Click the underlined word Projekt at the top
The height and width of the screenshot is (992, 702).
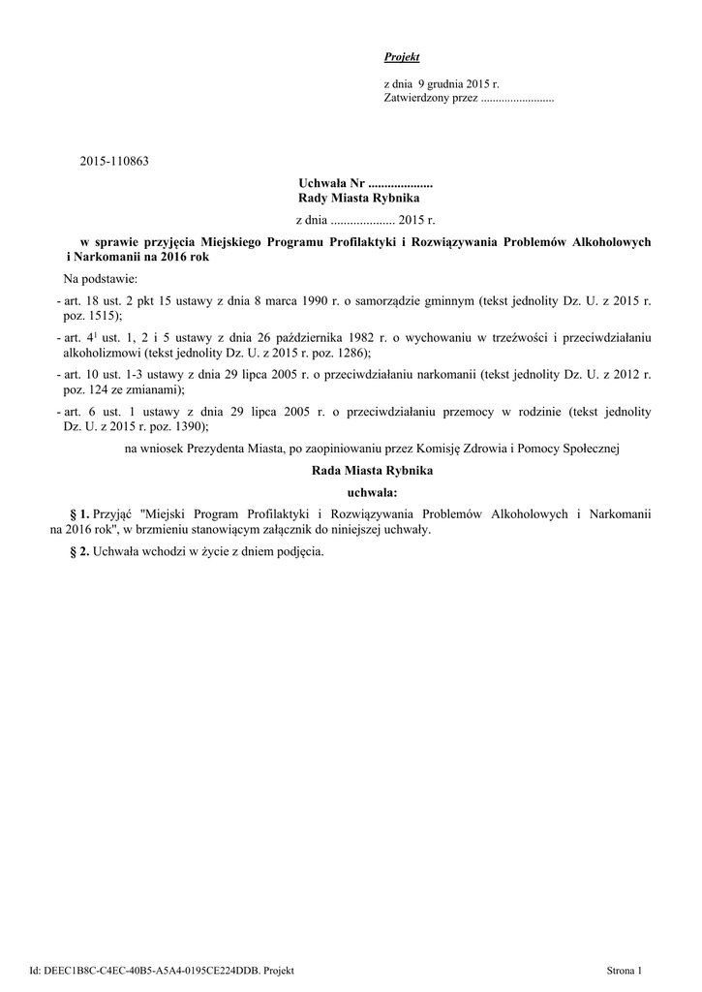(x=402, y=58)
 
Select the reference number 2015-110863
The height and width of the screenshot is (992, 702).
(x=114, y=161)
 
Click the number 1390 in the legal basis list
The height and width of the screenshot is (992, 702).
(x=185, y=426)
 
